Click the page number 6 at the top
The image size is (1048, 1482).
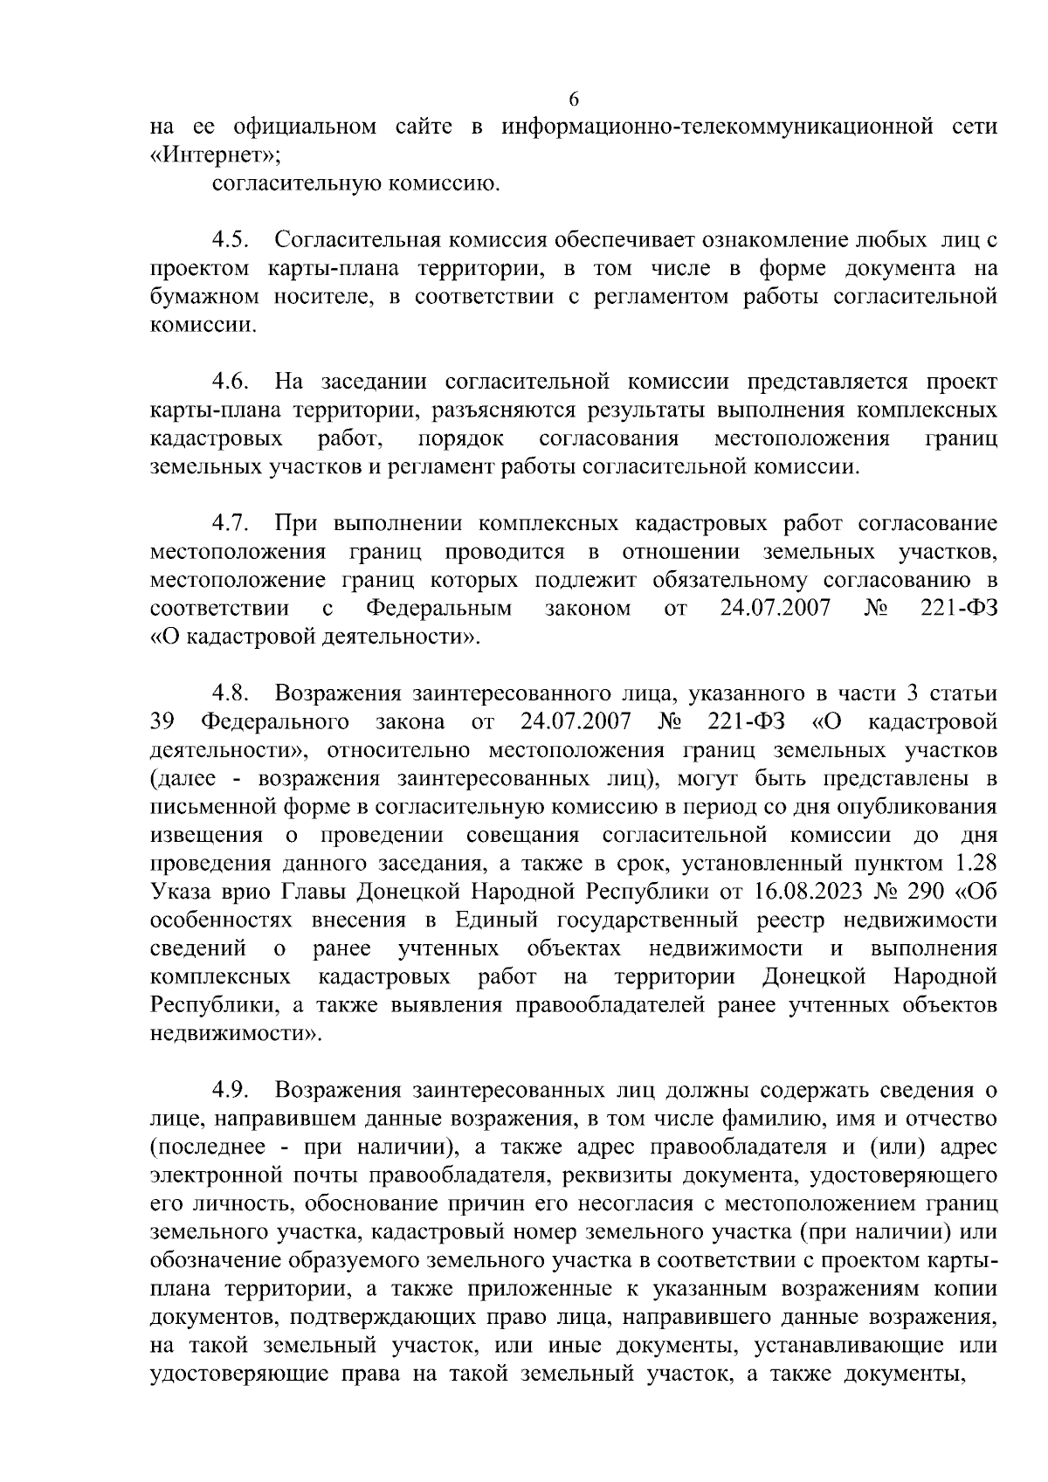(x=573, y=98)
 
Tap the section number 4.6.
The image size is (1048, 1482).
(x=231, y=382)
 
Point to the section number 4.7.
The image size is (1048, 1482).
(x=231, y=524)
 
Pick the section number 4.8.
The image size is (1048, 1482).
(x=231, y=694)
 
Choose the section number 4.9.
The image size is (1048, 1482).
(x=231, y=1091)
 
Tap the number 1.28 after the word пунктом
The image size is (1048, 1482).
(x=971, y=864)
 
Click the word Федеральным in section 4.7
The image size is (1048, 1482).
(x=439, y=609)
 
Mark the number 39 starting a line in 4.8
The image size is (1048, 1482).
(x=163, y=722)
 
